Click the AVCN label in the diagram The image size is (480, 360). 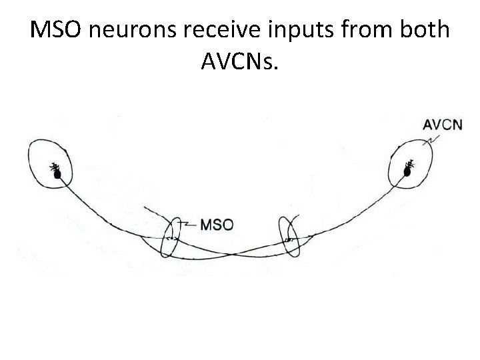[x=443, y=125]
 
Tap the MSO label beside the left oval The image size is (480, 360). [x=217, y=225]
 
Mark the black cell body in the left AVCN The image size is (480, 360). [x=57, y=173]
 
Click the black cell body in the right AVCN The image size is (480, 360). [x=407, y=171]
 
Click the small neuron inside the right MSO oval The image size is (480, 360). [x=289, y=237]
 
